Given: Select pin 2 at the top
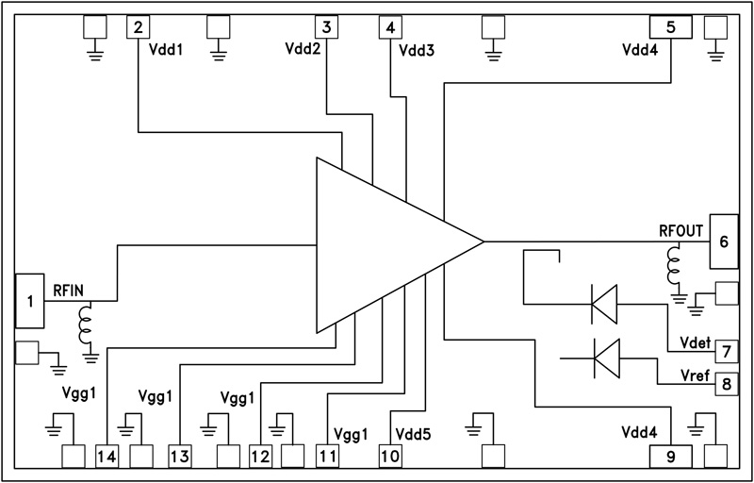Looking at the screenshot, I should point(139,26).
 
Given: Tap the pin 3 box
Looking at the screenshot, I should point(326,26).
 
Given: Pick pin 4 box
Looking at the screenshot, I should point(390,26).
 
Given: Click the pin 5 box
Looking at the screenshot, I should point(670,26).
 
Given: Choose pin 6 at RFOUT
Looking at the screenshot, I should point(724,241).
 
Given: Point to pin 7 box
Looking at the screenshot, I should point(725,351).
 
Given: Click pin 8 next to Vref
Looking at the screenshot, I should point(725,384).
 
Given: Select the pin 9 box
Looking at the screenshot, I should point(670,457).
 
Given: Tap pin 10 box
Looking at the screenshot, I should point(390,457).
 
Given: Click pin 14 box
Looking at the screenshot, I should point(107,457).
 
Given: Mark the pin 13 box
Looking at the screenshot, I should point(180,457).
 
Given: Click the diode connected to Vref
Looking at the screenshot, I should point(605,358).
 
